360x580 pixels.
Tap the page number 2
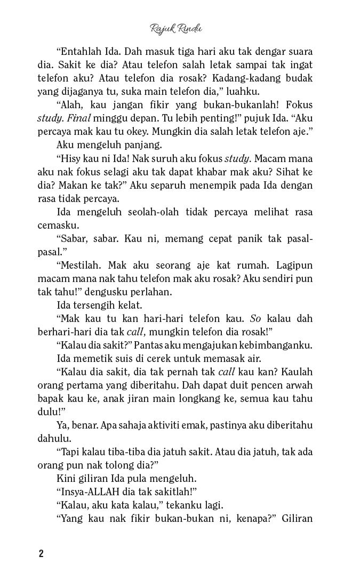click(x=41, y=553)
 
